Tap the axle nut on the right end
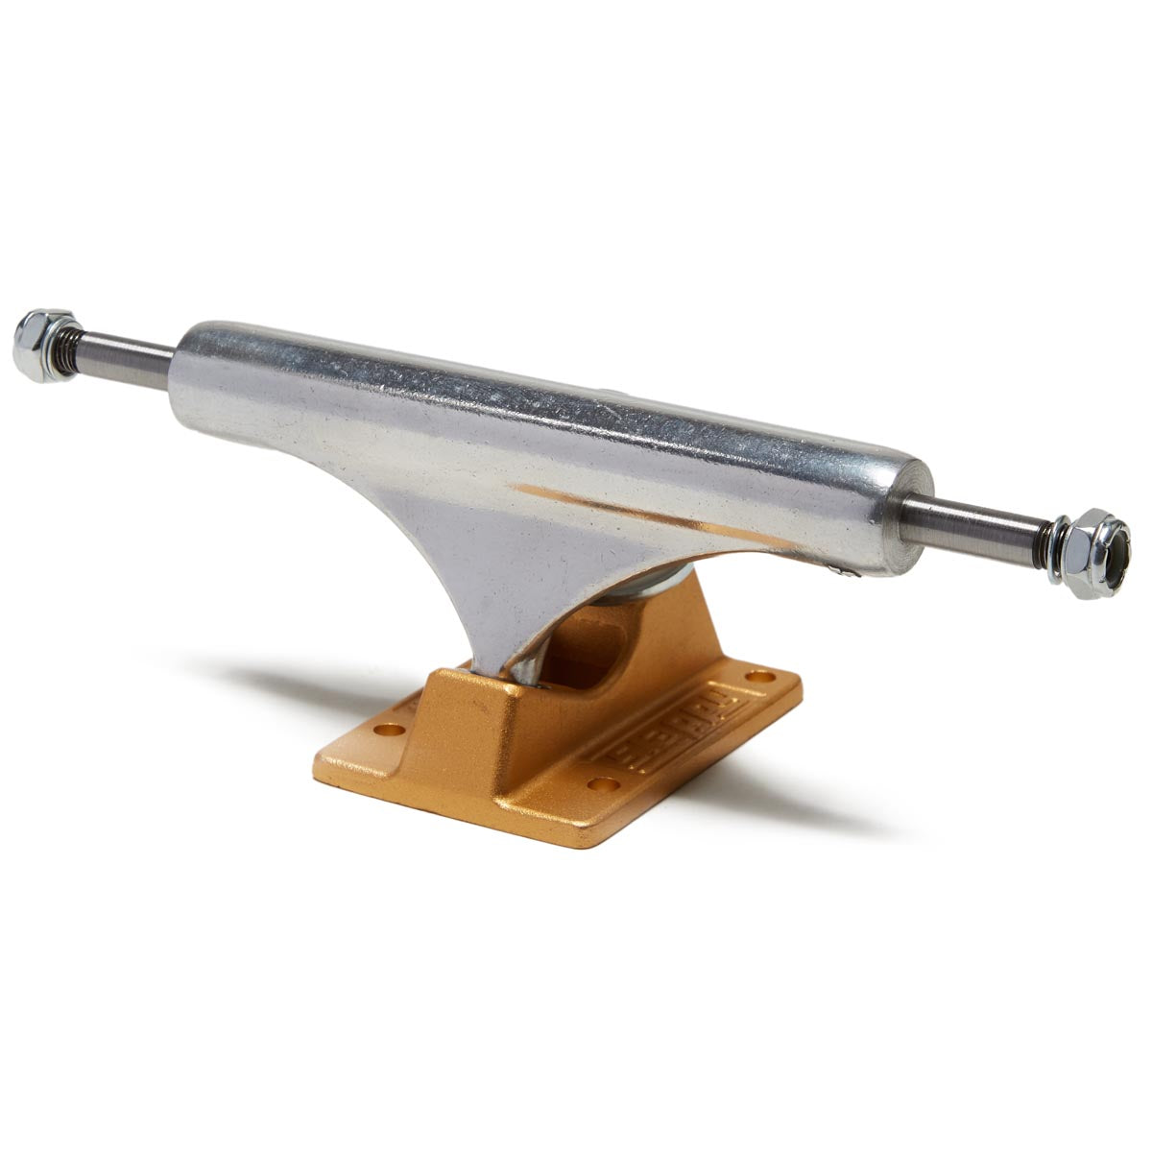click(1092, 553)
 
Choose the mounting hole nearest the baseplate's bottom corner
click(604, 784)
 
